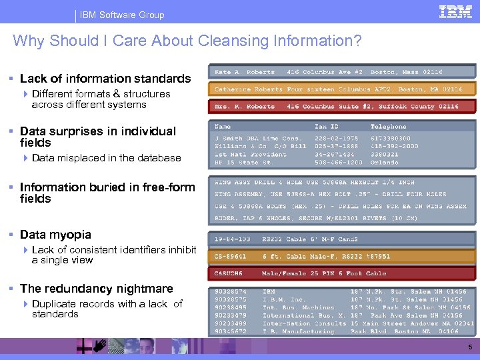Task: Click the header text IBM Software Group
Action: coord(122,15)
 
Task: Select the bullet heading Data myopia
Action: coord(55,235)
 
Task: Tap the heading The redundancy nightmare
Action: coord(97,289)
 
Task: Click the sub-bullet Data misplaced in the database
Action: coord(106,158)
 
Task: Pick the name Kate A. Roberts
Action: coord(245,72)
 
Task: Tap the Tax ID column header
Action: coord(326,127)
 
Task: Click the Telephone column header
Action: coord(388,127)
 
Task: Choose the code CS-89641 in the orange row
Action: coord(231,256)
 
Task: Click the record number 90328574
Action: coord(231,291)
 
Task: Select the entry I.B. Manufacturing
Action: coord(299,331)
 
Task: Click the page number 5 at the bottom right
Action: coord(469,347)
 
